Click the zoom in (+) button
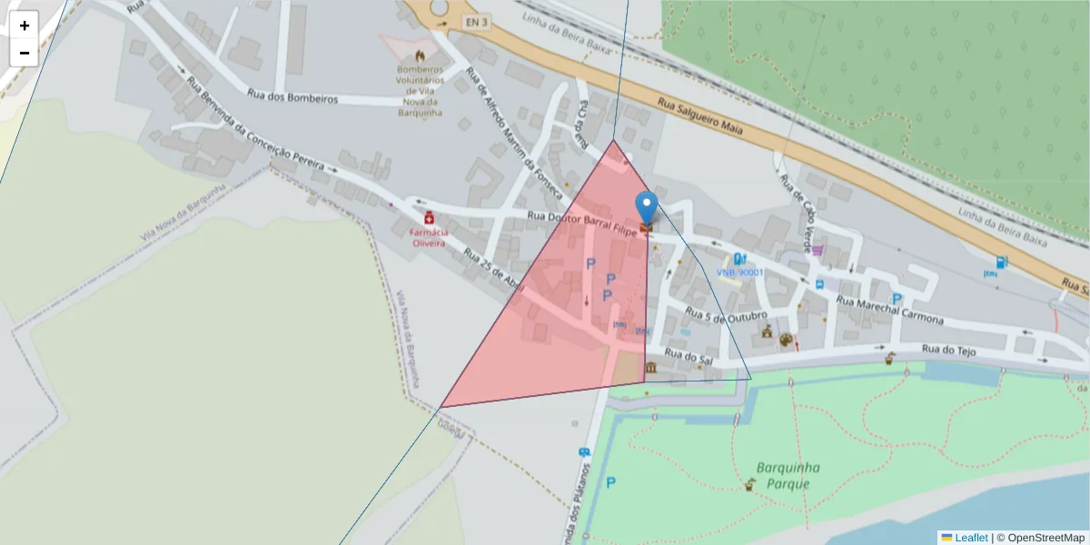[x=25, y=25]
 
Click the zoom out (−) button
[x=25, y=53]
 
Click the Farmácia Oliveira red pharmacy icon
[x=428, y=219]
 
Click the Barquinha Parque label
[x=788, y=475]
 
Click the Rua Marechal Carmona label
[x=890, y=311]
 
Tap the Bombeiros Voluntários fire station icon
[x=419, y=54]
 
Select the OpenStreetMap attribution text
[x=1040, y=537]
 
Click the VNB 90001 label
[x=739, y=272]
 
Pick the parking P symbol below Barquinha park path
[x=610, y=483]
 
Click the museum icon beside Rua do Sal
[x=651, y=367]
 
